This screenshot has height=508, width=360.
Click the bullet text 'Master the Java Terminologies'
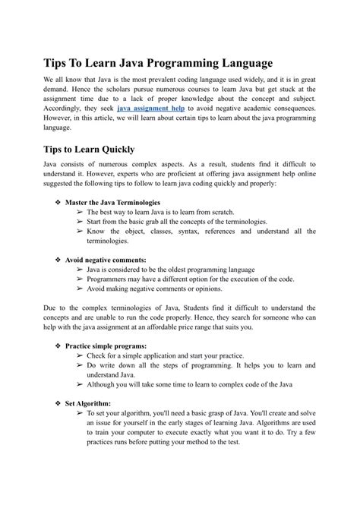(112, 203)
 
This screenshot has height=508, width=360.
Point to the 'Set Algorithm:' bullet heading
(88, 403)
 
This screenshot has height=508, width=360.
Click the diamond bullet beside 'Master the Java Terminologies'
(58, 203)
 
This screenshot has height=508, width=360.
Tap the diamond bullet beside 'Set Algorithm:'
(58, 403)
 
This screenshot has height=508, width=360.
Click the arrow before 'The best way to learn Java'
(81, 213)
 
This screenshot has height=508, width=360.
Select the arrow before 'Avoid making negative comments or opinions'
(81, 289)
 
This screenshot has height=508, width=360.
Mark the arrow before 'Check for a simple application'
(81, 355)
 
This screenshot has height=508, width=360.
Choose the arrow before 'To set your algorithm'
(81, 414)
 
